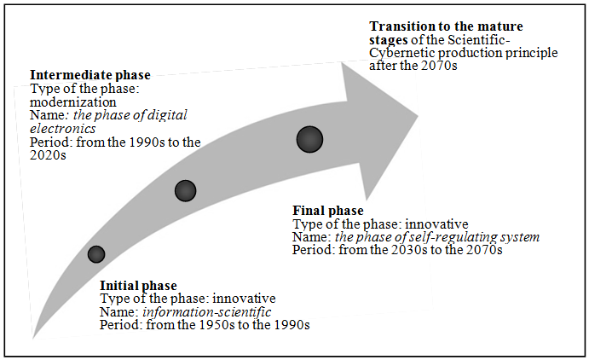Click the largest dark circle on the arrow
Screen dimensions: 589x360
coord(309,139)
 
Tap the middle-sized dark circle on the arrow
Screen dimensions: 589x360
coord(185,191)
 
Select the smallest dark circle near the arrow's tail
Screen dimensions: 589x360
coord(96,254)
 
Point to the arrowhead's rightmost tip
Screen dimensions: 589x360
coord(418,115)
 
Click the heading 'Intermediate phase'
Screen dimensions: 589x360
coord(90,75)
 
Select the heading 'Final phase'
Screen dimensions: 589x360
coord(328,211)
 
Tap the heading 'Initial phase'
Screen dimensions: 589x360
coord(138,286)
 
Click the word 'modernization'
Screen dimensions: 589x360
coord(72,102)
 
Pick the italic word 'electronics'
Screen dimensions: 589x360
coord(63,129)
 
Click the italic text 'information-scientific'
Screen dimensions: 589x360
coord(206,312)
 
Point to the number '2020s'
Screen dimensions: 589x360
coord(48,155)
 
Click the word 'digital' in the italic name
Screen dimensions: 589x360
coord(167,115)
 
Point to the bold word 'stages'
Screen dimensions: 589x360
coord(389,40)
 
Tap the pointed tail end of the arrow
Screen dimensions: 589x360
coord(33,338)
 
